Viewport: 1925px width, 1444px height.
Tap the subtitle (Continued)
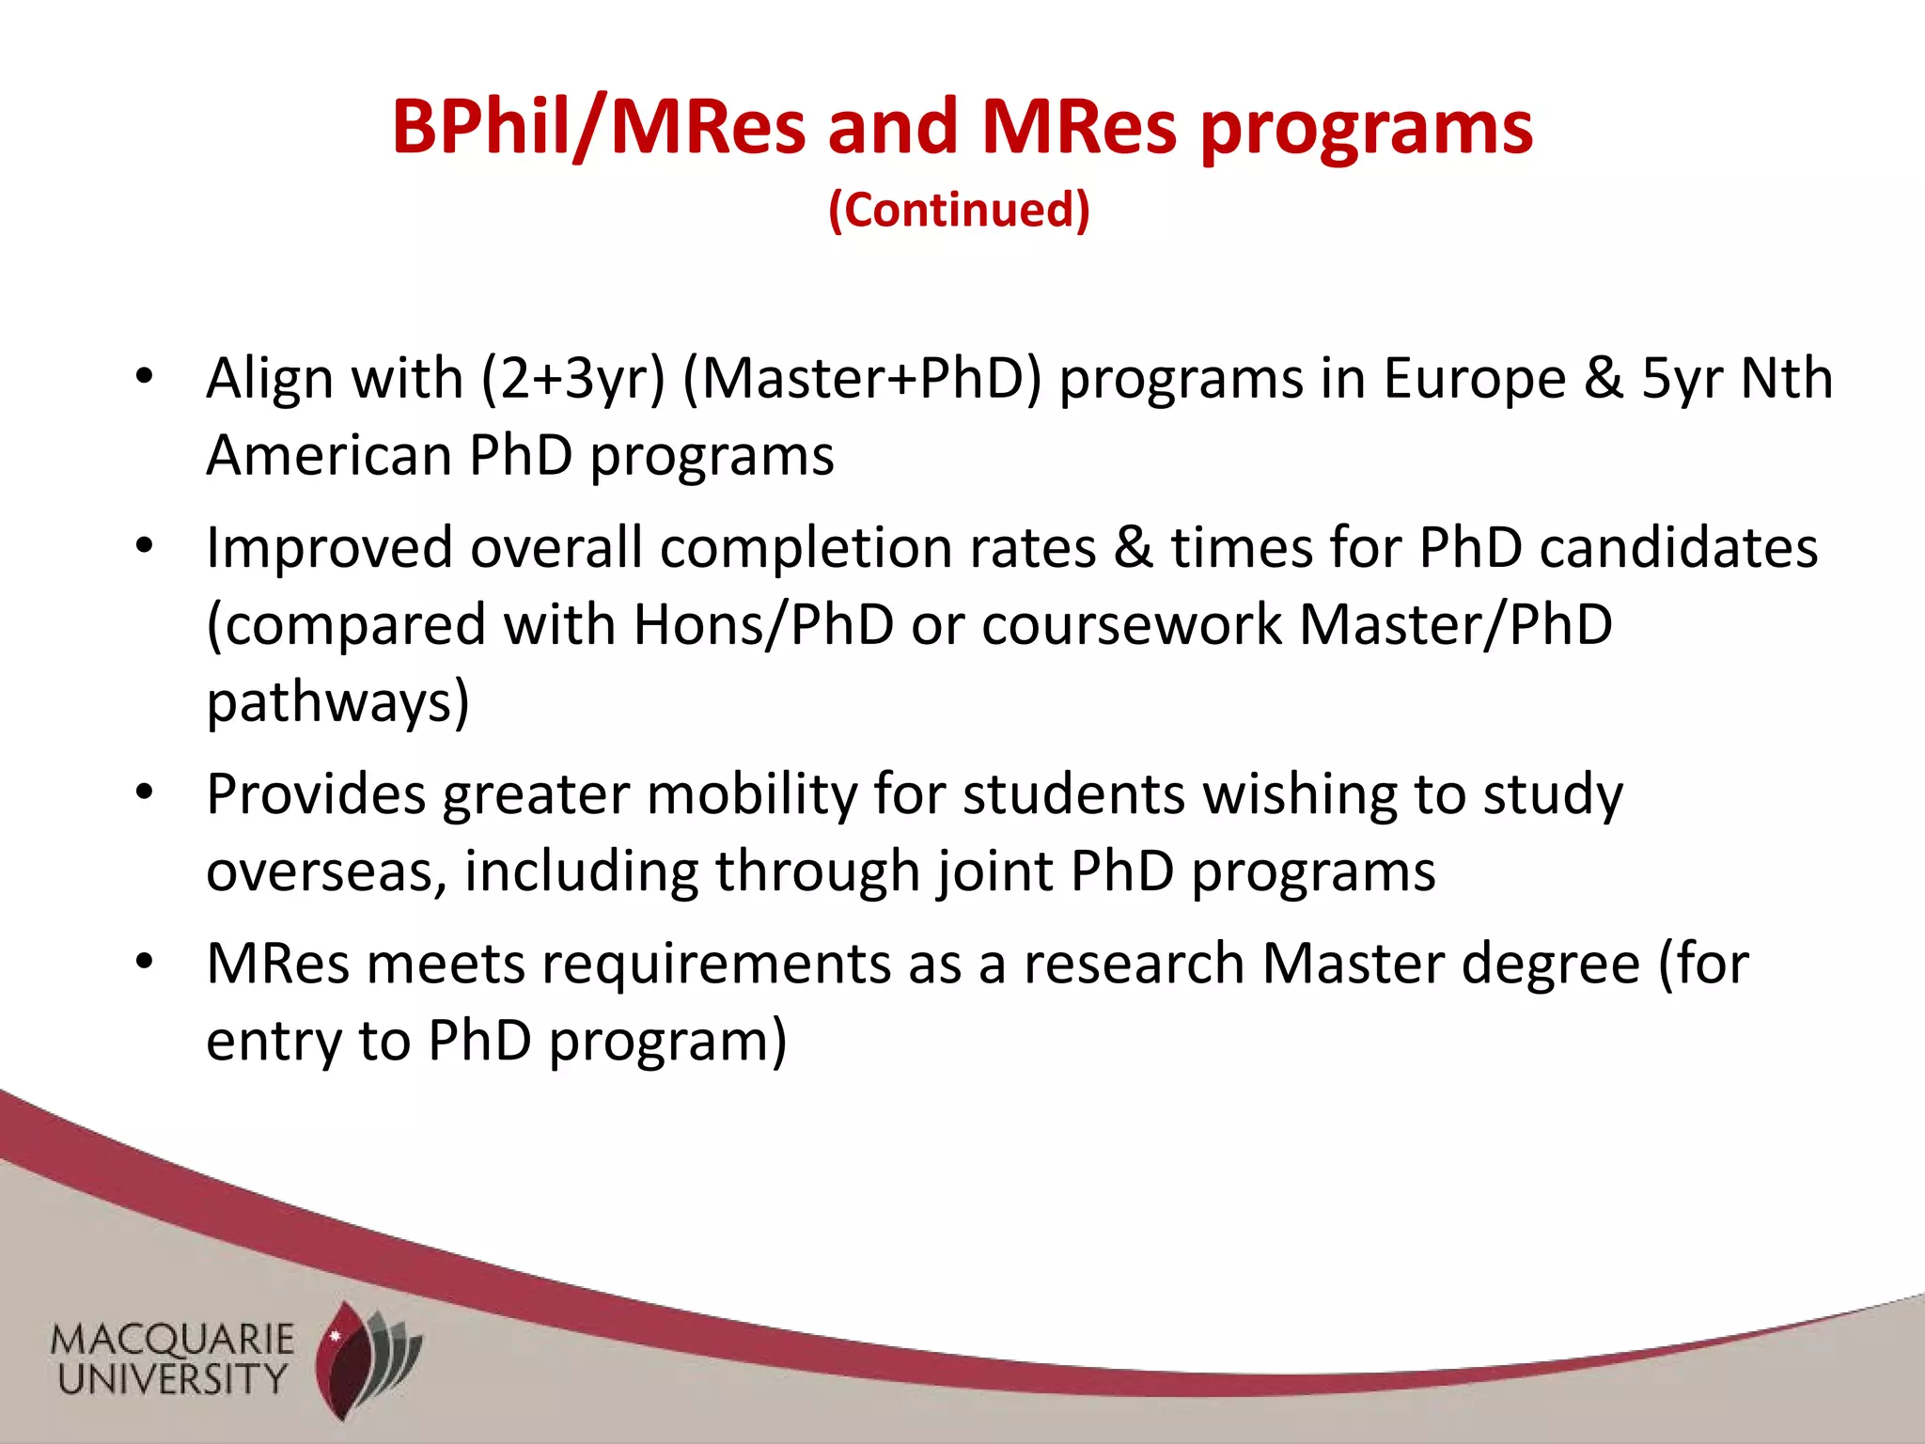pos(959,209)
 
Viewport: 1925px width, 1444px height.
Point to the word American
pos(329,456)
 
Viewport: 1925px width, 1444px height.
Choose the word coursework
pos(1132,625)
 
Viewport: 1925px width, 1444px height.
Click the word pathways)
pos(337,703)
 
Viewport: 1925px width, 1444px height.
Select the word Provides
pos(316,794)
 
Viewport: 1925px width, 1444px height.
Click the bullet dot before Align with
pos(144,377)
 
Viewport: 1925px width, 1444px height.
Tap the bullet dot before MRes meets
pos(144,963)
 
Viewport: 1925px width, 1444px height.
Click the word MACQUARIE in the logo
pos(173,1340)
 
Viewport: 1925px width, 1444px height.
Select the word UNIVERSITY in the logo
pos(173,1379)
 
